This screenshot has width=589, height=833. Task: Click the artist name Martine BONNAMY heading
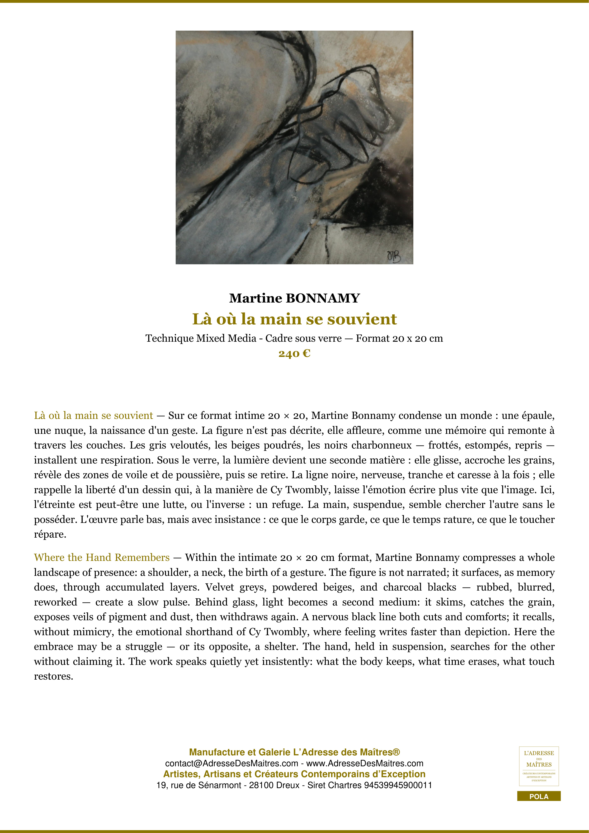(x=294, y=298)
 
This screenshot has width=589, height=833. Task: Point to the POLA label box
(x=539, y=796)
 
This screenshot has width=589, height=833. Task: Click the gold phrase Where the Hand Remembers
(x=102, y=557)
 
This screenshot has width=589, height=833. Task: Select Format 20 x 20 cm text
(x=399, y=339)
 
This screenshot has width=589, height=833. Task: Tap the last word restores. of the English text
(x=53, y=676)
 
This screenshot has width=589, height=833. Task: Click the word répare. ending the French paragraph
(x=50, y=535)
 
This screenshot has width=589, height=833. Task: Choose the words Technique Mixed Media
(x=201, y=339)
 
